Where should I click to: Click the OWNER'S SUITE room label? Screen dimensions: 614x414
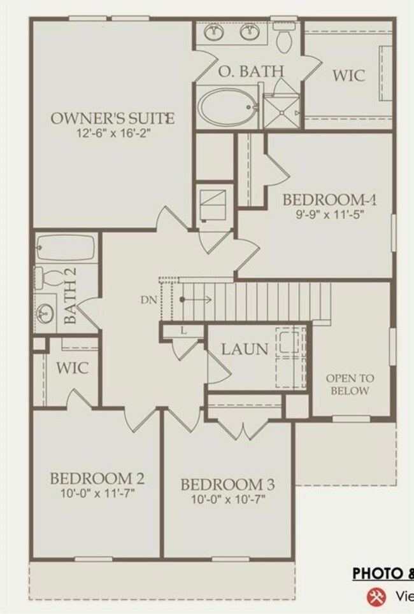click(x=112, y=118)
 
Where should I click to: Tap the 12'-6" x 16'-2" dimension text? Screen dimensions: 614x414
click(x=112, y=134)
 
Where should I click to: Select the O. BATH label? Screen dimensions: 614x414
click(x=251, y=71)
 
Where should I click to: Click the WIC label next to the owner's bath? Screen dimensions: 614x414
click(x=348, y=75)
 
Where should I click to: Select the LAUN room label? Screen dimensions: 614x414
click(x=245, y=349)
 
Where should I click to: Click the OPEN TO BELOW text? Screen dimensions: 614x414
click(x=350, y=384)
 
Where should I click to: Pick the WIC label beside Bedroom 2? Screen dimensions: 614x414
click(x=72, y=368)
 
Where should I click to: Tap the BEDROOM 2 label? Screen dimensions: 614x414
click(x=97, y=478)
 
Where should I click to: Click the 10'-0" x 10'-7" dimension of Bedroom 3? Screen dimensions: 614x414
click(x=227, y=499)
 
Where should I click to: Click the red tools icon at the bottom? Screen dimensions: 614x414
click(x=375, y=596)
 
